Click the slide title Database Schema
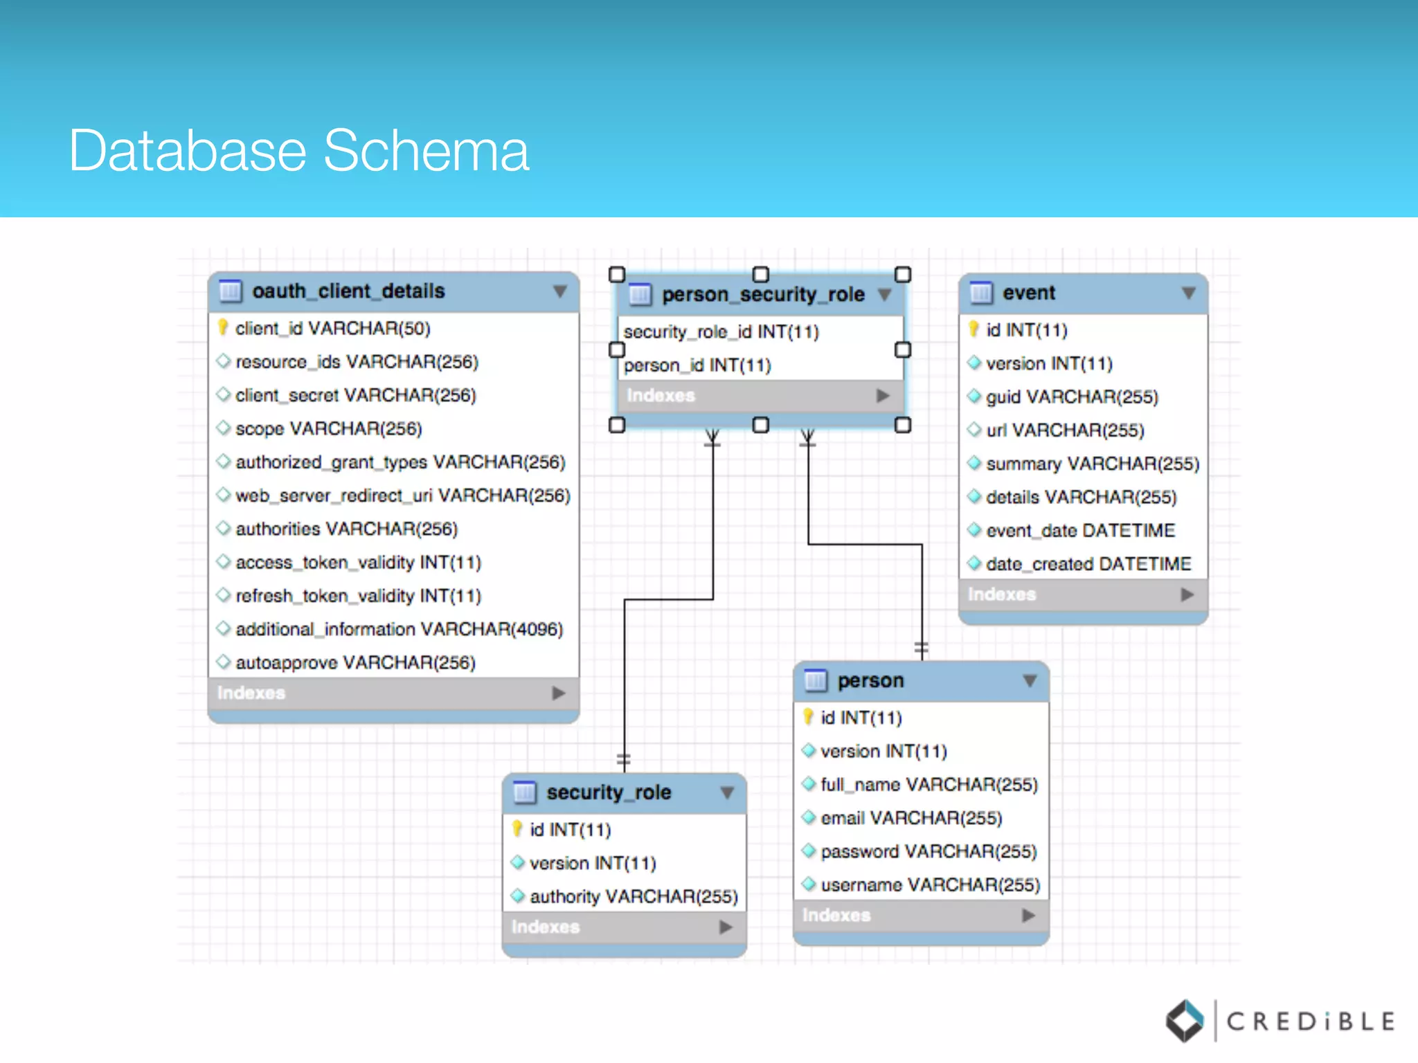298,150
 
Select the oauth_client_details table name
348,291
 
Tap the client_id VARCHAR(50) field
332,328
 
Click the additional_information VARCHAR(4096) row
399,629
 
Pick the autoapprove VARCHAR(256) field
355,662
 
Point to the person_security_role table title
763,294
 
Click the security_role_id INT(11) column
721,331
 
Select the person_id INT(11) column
697,365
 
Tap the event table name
1029,293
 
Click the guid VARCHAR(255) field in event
1072,397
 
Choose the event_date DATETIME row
1080,531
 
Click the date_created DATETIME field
1088,564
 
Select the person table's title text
870,680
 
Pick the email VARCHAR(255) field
911,818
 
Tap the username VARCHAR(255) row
930,884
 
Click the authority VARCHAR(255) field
634,896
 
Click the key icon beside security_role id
517,828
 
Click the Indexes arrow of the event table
1187,594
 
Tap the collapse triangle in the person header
1030,681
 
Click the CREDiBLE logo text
1310,1021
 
